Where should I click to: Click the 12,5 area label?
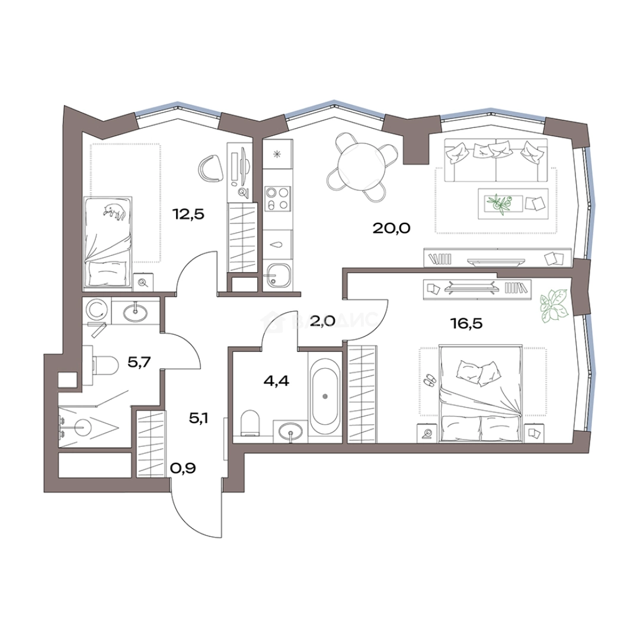(x=188, y=213)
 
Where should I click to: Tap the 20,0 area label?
(x=392, y=228)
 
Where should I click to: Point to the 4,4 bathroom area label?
(x=276, y=381)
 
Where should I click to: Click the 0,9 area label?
(x=183, y=468)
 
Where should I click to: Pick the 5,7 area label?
(x=140, y=361)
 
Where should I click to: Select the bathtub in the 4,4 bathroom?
(x=325, y=396)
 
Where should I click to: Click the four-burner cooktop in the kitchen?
(x=277, y=199)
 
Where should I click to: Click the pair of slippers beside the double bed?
(x=429, y=379)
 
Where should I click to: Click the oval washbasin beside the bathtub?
(x=290, y=430)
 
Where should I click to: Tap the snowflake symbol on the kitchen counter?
(x=277, y=154)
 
